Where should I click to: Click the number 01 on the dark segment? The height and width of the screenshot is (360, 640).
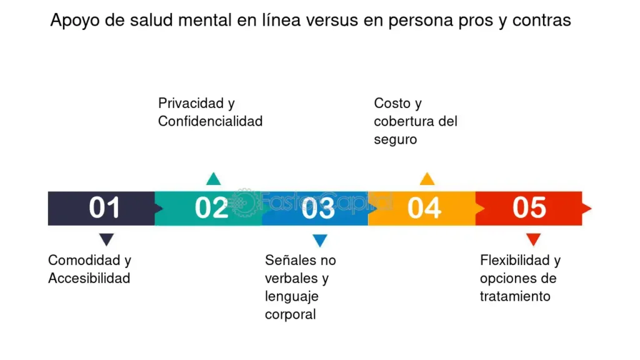pos(104,207)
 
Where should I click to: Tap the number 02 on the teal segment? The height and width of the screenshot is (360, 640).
pos(211,207)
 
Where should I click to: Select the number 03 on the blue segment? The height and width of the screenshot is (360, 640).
pos(318,207)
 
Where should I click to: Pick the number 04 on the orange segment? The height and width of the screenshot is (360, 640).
pos(424,207)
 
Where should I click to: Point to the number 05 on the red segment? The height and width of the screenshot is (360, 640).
pos(529,207)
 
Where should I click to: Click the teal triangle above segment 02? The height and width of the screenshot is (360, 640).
pos(214,179)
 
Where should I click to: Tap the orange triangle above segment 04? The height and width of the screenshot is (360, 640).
pos(427,179)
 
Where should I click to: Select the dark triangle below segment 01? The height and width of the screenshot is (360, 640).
pos(106,239)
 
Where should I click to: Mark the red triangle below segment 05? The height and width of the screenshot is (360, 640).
pos(534,239)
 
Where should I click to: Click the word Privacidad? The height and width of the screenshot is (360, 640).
pos(191,103)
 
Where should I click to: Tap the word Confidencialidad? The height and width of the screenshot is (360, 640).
pos(210,121)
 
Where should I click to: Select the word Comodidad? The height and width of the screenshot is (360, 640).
pos(84,260)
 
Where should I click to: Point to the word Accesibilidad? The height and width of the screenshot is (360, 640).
pos(89,278)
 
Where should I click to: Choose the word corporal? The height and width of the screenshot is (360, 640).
pos(290,315)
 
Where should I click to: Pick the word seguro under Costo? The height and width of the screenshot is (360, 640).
pos(396,139)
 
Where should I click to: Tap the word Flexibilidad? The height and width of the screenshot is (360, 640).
pos(515,260)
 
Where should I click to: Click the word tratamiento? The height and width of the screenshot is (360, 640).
pos(515,296)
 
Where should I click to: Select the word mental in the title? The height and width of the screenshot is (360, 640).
pos(205,20)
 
